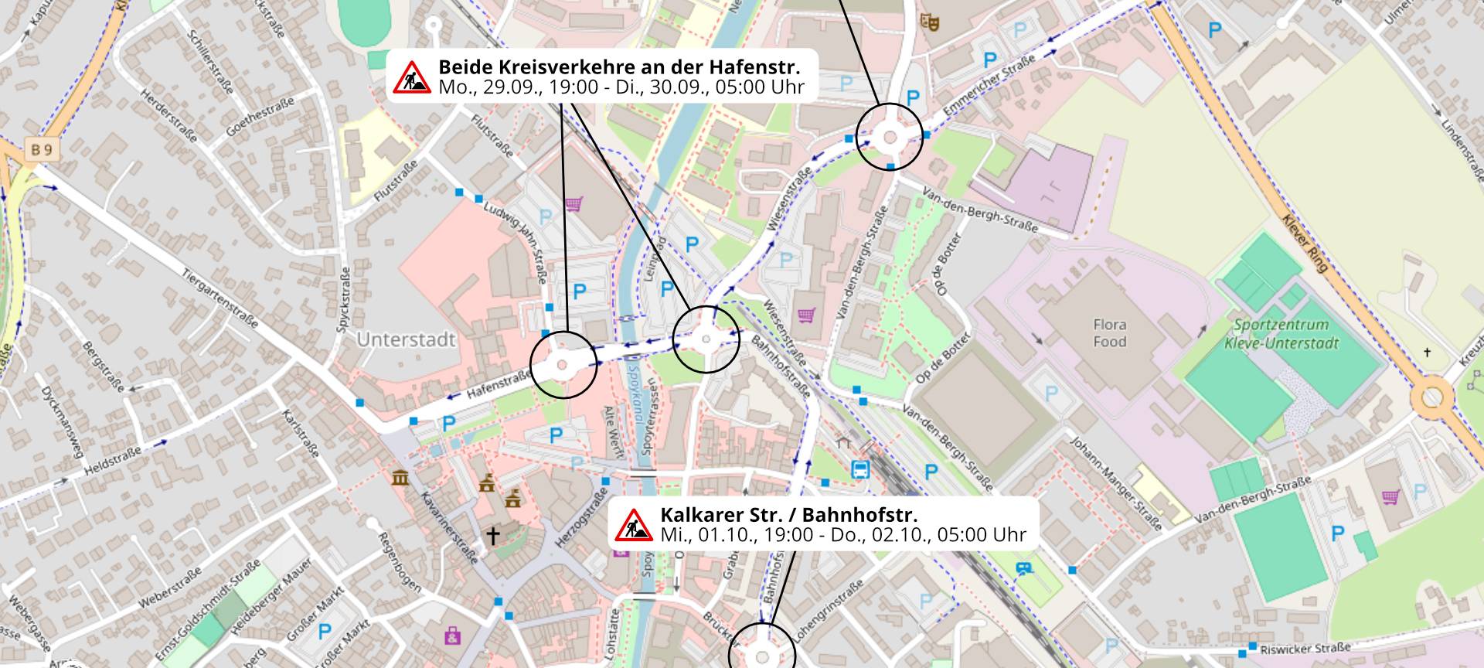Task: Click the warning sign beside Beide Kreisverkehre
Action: pos(412,77)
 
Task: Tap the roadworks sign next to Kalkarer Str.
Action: pos(634,525)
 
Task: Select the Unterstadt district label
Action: pos(406,339)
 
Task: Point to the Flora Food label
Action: pos(1109,333)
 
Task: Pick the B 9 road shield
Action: pos(42,149)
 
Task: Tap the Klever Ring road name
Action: pos(1305,243)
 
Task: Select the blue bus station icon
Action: pos(859,469)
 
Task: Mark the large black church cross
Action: pos(492,535)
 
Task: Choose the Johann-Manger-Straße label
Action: pos(1115,483)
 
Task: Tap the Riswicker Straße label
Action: pos(1305,648)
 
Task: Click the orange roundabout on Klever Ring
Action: pos(1431,398)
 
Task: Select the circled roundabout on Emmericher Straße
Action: pos(890,137)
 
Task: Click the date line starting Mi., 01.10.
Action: pos(842,535)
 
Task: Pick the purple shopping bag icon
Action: pos(452,637)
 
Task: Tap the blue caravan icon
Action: pos(1023,569)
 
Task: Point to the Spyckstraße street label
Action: pos(344,300)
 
